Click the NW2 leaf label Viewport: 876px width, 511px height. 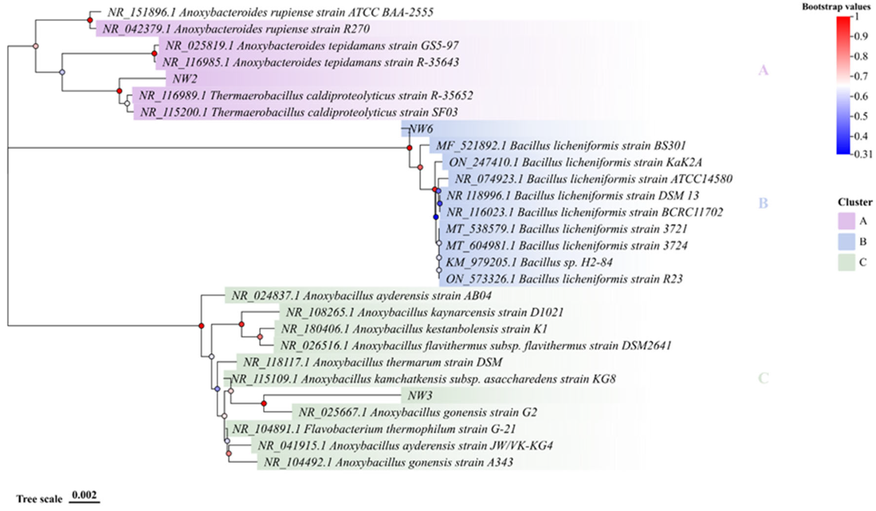(185, 79)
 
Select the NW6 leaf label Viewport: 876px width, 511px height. (421, 129)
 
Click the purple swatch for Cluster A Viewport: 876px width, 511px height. (846, 221)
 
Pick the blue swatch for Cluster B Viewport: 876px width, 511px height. (846, 242)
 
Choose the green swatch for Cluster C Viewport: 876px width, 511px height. (846, 262)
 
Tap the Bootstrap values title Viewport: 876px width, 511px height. (836, 7)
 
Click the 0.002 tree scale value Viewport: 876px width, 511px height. (84, 495)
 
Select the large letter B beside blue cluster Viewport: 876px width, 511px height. (763, 203)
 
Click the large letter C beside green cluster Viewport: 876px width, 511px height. (763, 378)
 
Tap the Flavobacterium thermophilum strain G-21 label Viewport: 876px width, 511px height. (374, 429)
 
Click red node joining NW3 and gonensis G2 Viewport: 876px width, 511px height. (264, 403)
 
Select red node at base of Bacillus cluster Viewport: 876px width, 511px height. (410, 148)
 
